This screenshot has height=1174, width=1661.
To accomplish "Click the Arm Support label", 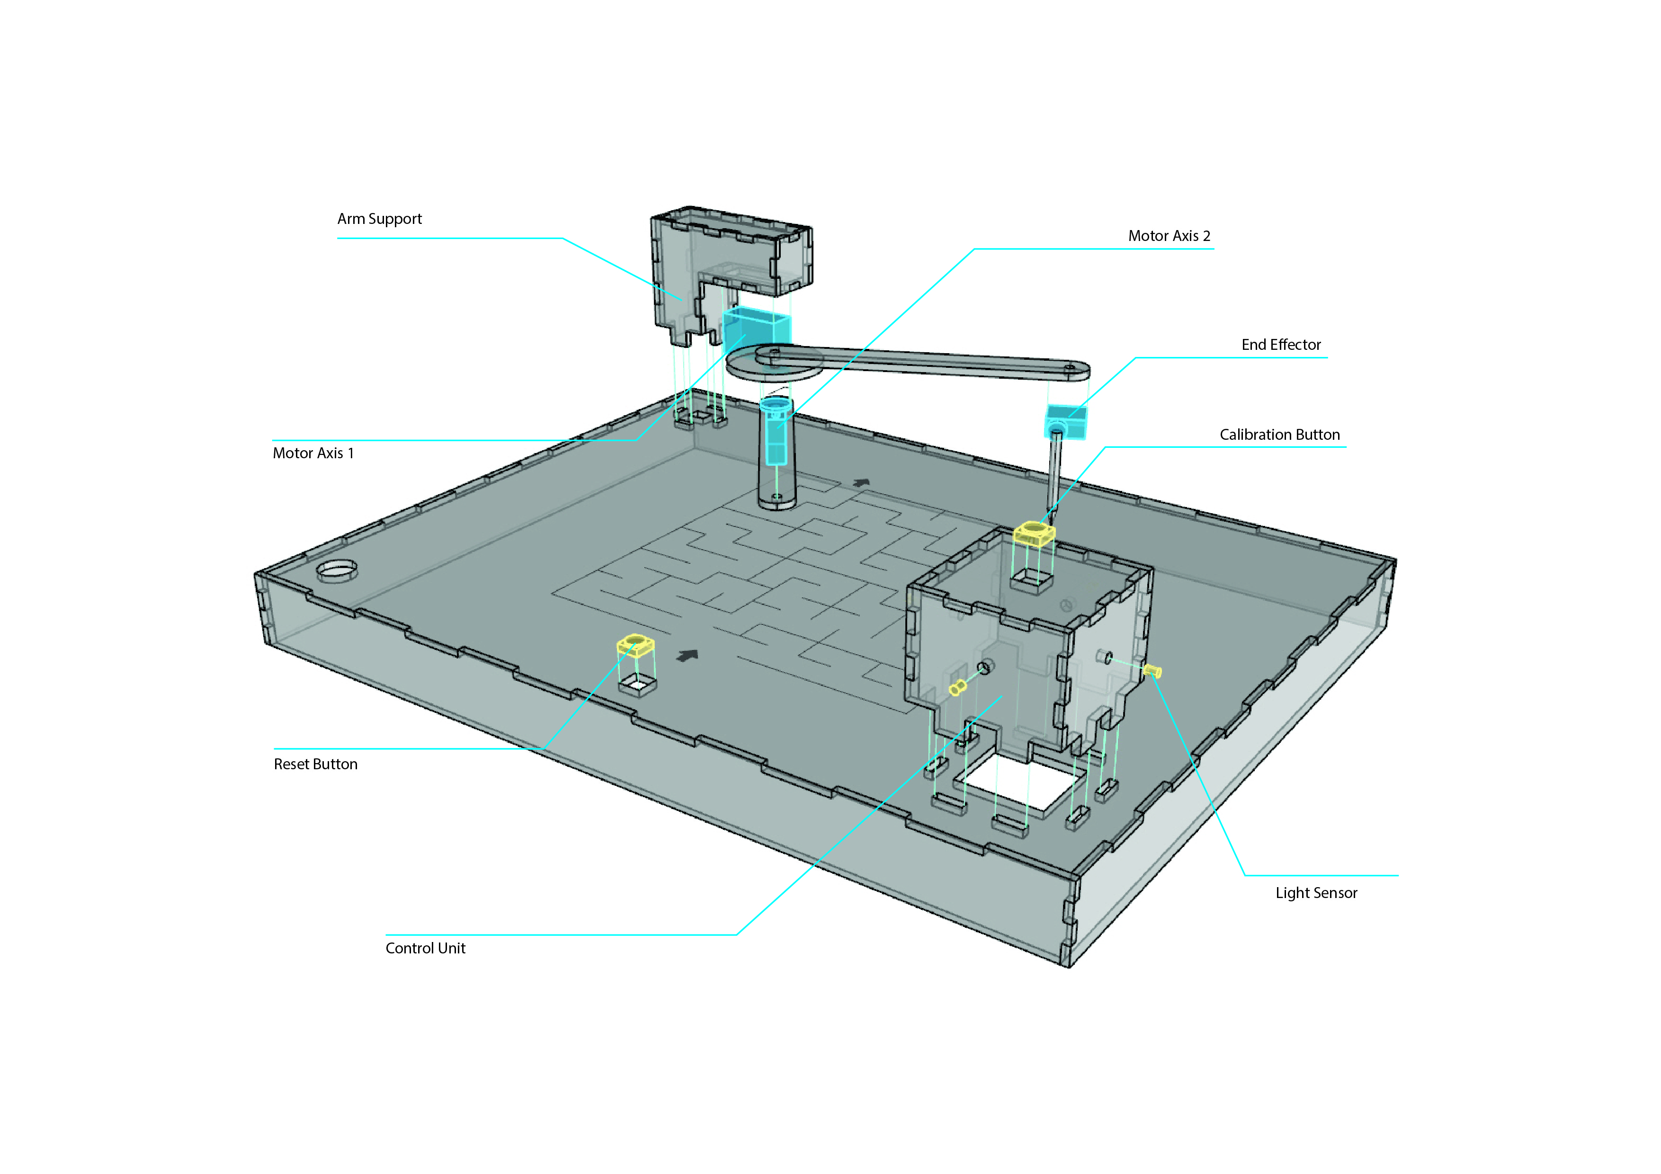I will [x=379, y=218].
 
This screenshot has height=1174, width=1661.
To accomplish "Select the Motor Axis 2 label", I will [x=1169, y=236].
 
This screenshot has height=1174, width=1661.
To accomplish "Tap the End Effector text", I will [x=1280, y=344].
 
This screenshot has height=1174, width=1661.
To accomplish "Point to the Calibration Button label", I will [x=1279, y=435].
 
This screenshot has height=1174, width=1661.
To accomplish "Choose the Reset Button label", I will [x=315, y=764].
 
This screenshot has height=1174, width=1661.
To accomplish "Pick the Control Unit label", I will [x=425, y=948].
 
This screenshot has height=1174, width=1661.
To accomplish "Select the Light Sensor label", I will [x=1316, y=893].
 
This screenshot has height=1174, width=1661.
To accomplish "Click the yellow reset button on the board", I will [x=635, y=645].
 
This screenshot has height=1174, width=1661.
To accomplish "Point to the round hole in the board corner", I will [x=337, y=570].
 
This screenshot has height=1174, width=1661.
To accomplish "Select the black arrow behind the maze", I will [x=860, y=482].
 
